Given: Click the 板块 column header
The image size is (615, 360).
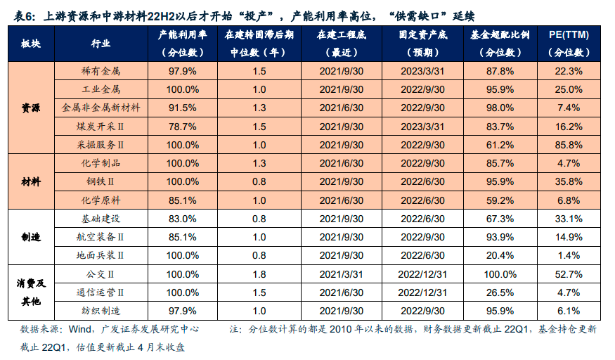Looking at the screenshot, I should (30, 44).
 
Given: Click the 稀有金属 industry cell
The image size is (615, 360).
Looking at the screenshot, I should (102, 71).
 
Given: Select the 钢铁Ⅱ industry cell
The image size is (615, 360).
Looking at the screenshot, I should (102, 181).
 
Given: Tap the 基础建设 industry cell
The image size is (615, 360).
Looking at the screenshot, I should (102, 218).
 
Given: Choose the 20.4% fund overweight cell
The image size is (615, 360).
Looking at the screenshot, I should (500, 255).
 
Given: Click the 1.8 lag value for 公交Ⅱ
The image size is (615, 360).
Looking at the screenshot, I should (259, 273).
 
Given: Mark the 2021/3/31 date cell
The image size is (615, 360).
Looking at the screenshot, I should (341, 273).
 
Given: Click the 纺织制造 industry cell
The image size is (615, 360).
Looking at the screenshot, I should (102, 310).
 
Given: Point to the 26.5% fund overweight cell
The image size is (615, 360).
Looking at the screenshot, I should (500, 292).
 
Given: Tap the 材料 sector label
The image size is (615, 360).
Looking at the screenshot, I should (30, 181).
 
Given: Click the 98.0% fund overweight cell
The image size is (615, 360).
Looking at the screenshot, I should (500, 108).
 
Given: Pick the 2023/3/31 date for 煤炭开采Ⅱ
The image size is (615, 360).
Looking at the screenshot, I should (422, 126).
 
